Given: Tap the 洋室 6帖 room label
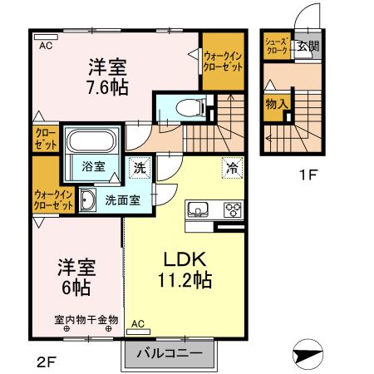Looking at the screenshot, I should tap(76, 277).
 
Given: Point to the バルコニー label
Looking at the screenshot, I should tap(172, 354).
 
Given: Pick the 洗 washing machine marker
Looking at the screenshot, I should tap(138, 165).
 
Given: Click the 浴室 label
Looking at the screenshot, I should tap(92, 166).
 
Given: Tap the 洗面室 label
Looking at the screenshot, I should tap(121, 199).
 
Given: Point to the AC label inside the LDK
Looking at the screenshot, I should tap(138, 323).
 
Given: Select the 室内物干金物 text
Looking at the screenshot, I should tap(86, 319).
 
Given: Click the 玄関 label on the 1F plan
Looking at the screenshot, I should tap(308, 46).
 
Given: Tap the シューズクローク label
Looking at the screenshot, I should tap(276, 46).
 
